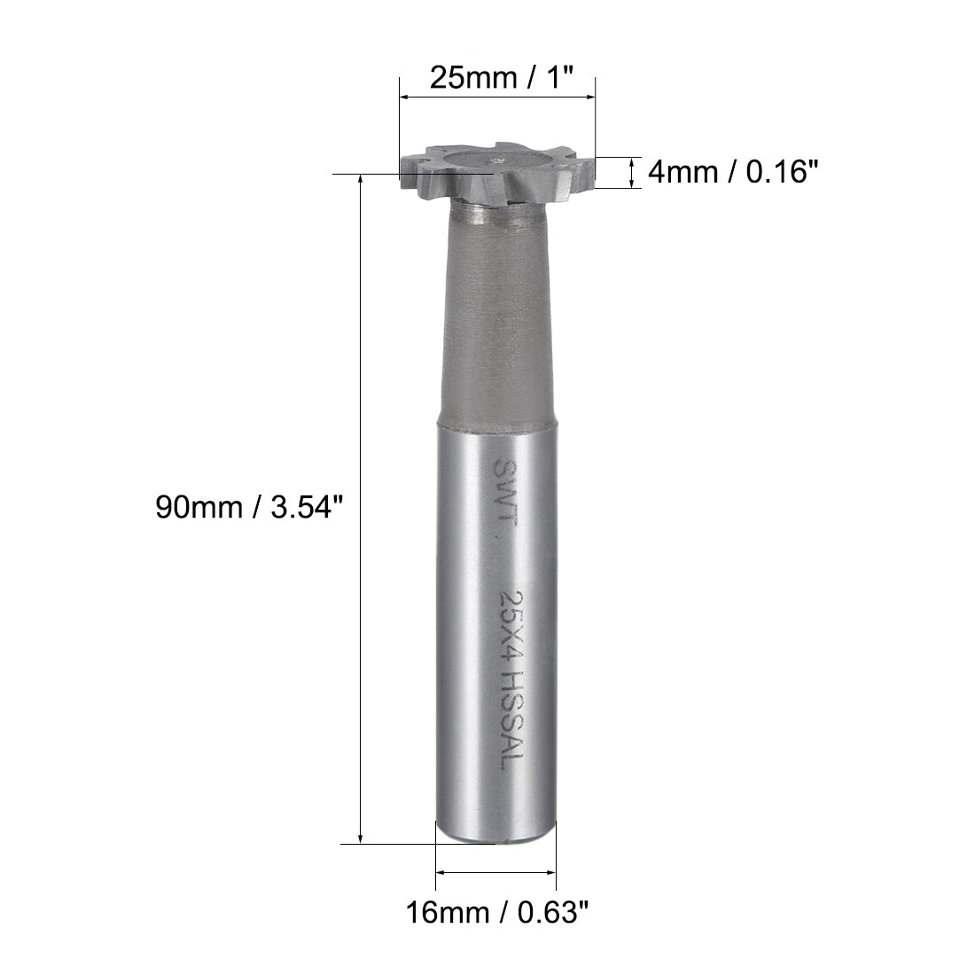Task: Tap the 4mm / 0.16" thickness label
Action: click(x=730, y=171)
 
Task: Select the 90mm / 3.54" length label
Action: click(x=247, y=508)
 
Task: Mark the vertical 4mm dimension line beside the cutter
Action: click(x=631, y=172)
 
